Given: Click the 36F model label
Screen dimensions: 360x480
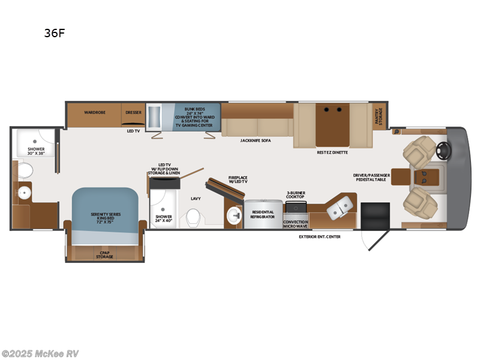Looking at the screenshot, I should (x=54, y=34).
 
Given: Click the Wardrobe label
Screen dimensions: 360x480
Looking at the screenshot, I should (x=95, y=112).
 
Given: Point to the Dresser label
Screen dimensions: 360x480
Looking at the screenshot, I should (x=133, y=112).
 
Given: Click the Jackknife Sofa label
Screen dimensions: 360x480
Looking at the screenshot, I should (x=254, y=140).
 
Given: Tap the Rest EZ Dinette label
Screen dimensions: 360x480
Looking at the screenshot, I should (x=332, y=152).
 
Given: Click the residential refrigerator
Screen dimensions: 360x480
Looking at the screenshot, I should (x=262, y=214).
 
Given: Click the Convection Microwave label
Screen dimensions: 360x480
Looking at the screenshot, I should (x=295, y=223).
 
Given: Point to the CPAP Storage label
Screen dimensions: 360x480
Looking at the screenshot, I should (x=104, y=255).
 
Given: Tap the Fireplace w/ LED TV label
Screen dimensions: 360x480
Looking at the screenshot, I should (x=238, y=179).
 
